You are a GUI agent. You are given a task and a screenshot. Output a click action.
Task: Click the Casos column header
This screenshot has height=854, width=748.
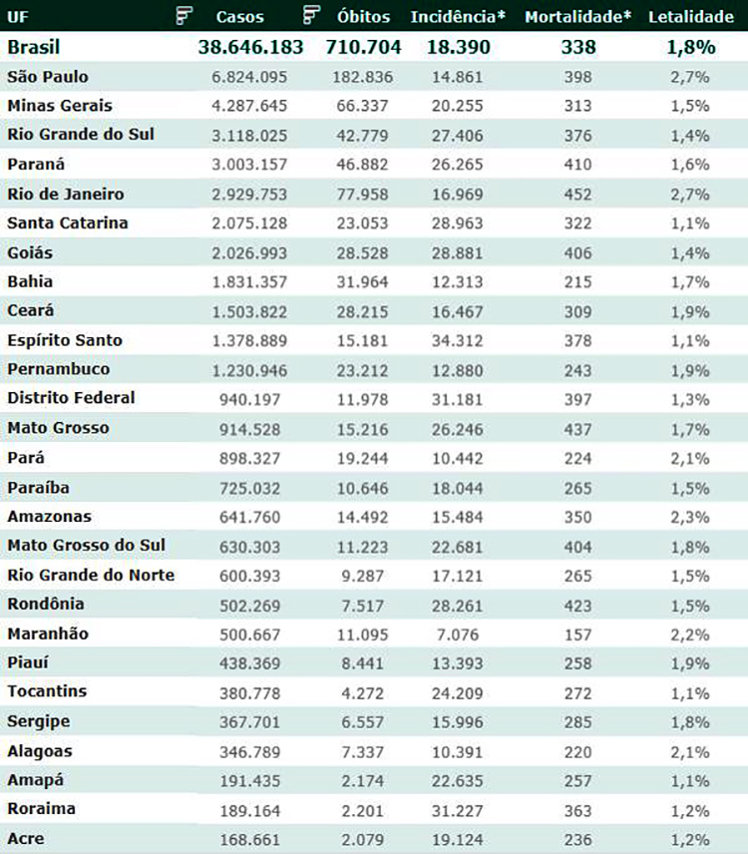239,17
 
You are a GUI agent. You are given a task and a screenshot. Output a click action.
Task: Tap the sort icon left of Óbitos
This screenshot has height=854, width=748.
311,15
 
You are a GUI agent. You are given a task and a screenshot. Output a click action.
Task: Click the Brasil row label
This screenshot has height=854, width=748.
34,47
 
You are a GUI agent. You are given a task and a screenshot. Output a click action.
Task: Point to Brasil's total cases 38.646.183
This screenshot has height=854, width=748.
252,47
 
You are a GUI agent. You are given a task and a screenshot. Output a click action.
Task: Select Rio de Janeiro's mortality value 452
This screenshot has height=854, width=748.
577,194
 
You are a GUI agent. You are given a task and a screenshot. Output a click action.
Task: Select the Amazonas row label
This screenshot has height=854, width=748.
49,516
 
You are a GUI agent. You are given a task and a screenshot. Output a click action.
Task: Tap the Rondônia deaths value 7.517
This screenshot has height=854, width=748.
367,605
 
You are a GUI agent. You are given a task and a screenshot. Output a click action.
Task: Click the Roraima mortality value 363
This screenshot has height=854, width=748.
577,809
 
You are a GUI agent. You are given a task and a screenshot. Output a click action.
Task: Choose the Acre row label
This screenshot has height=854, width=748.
26,838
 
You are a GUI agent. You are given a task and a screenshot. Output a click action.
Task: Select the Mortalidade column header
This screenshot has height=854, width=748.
577,17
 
